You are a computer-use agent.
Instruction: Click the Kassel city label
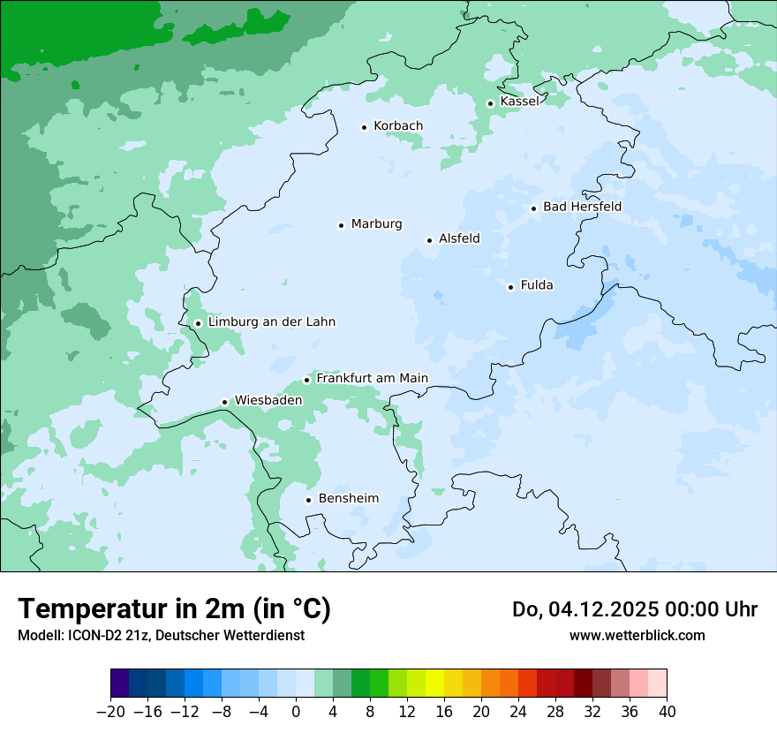point(519,102)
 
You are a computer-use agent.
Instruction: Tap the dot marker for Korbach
point(364,127)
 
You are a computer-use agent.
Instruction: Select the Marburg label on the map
point(376,224)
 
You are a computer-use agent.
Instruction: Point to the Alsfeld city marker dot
point(429,240)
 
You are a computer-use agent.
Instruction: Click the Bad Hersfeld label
point(582,207)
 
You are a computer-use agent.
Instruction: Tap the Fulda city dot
point(510,287)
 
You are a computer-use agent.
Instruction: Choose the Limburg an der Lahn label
point(271,322)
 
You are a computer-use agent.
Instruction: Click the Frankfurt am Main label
point(372,379)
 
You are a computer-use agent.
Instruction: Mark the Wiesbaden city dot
point(225,402)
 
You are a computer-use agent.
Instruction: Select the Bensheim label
point(348,499)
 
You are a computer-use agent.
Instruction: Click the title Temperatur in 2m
point(174,609)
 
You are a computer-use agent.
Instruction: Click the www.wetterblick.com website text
point(637,635)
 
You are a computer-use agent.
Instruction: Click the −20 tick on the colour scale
point(110,712)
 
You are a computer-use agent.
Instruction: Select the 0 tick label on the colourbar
point(296,712)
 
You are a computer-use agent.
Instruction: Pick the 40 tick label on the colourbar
point(667,712)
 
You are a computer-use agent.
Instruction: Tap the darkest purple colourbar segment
point(119,684)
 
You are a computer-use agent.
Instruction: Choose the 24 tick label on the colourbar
point(518,712)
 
